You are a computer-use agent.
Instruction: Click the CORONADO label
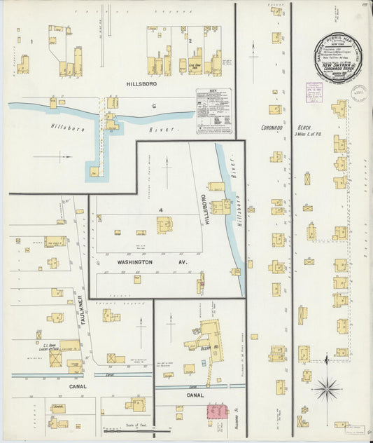[x=272, y=128]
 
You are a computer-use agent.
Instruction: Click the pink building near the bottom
[x=217, y=411]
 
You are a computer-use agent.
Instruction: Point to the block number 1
[x=31, y=42]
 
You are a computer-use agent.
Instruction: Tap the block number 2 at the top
[x=190, y=41]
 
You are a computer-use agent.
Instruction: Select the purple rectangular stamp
[x=318, y=93]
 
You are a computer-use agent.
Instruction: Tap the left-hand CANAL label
[x=78, y=386]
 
